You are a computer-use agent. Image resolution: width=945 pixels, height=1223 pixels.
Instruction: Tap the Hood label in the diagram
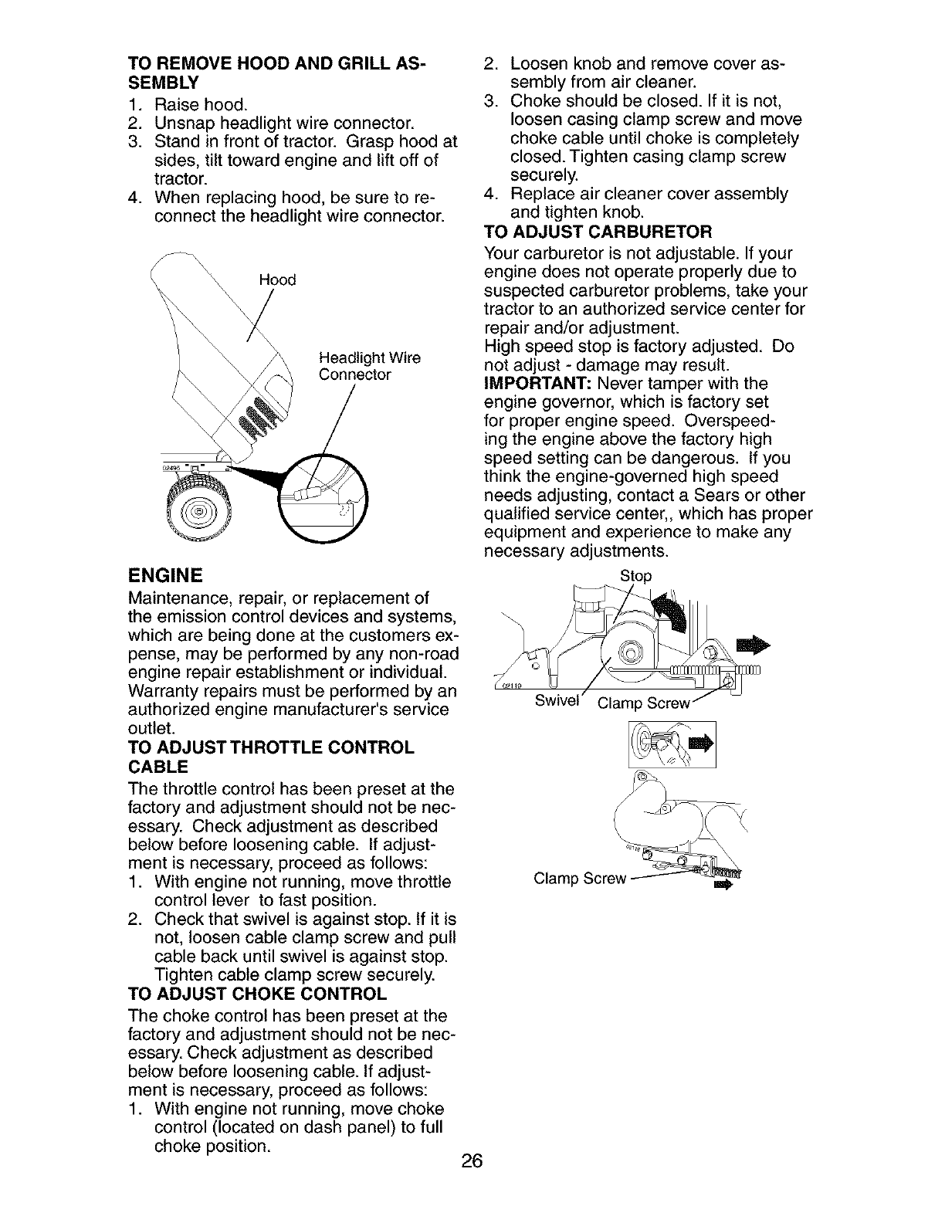pos(279,280)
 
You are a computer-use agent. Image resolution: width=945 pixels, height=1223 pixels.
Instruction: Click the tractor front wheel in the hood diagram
pos(199,510)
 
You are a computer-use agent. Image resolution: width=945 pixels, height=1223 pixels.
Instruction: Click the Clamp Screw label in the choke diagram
pos(579,879)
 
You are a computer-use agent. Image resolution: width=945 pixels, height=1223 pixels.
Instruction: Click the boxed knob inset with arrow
pos(672,744)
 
